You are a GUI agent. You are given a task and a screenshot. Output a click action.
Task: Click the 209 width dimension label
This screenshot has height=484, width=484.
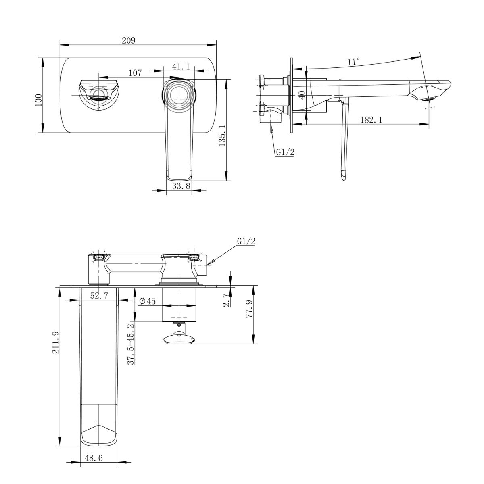[x=129, y=40]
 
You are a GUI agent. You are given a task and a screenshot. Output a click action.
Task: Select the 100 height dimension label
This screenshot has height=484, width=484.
[x=39, y=100]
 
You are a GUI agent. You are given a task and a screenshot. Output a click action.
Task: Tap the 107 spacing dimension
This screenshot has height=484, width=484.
[x=135, y=73]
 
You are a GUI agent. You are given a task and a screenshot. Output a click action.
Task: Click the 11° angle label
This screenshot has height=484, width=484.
[x=354, y=62]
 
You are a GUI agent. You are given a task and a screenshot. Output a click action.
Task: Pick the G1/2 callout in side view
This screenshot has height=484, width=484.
[x=285, y=152]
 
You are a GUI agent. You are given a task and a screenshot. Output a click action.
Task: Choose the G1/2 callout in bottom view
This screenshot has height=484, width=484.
[x=246, y=242]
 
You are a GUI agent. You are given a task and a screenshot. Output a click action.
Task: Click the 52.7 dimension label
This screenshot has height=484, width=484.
[x=99, y=296]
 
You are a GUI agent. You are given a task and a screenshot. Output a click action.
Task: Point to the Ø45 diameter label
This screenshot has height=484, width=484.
[x=147, y=301]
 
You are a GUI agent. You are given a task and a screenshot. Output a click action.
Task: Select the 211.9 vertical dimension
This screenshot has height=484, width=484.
[x=56, y=342]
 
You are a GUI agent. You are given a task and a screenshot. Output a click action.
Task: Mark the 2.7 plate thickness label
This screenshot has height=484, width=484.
[x=227, y=300]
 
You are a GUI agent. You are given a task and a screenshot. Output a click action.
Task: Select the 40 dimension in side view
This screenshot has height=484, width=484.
[x=302, y=94]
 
